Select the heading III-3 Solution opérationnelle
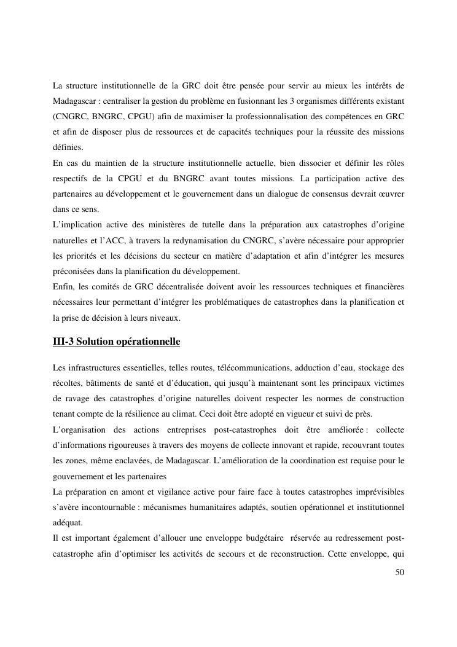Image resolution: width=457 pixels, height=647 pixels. click(116, 341)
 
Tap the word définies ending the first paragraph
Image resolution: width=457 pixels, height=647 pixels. click(68, 148)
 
